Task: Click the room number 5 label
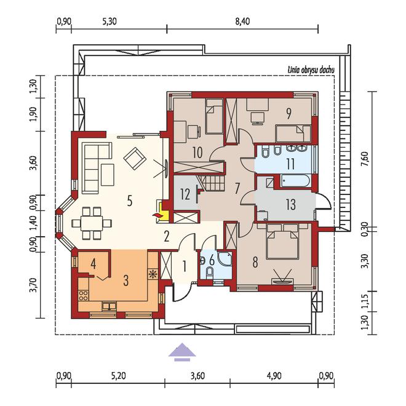(x=130, y=201)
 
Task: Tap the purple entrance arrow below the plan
(x=182, y=352)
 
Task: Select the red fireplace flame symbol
(x=156, y=215)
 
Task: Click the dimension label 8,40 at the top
(x=242, y=22)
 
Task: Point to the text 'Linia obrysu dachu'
(x=311, y=70)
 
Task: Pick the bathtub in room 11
(x=295, y=181)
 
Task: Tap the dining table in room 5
(x=92, y=223)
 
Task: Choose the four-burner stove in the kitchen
(x=84, y=295)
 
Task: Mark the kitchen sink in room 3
(x=109, y=306)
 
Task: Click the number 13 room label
(x=291, y=205)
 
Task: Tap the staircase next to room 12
(x=212, y=183)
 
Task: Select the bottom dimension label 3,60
(x=198, y=376)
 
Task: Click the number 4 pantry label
(x=94, y=265)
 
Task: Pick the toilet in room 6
(x=210, y=273)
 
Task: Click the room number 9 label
(x=289, y=113)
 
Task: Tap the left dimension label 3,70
(x=33, y=285)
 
